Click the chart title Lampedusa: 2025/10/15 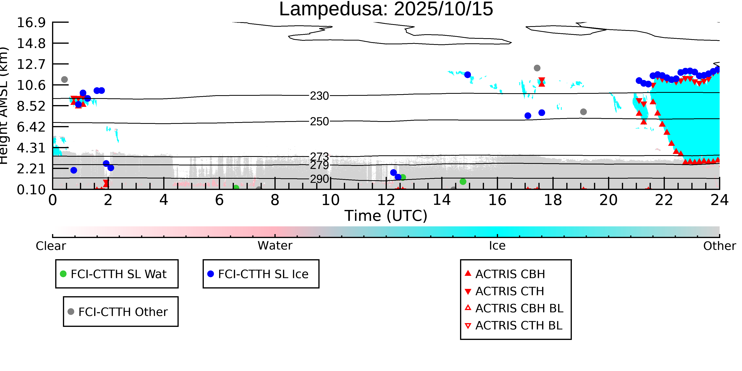tap(386, 9)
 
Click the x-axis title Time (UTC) tap(386, 216)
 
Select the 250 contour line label tap(319, 121)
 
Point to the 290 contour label tap(319, 179)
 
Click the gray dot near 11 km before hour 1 tap(65, 80)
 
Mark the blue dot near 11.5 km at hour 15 tap(468, 75)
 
